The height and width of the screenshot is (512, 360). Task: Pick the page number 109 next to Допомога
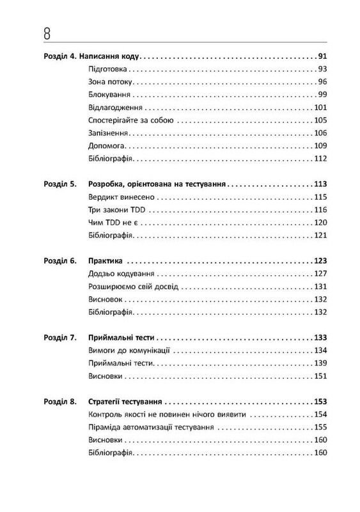tap(320, 147)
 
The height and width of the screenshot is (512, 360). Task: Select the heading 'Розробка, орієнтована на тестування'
tap(156, 184)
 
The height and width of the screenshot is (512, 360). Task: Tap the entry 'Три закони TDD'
tap(111, 210)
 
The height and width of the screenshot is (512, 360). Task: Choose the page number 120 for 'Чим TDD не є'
tap(320, 223)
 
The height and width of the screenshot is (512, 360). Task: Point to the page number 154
tap(320, 414)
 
